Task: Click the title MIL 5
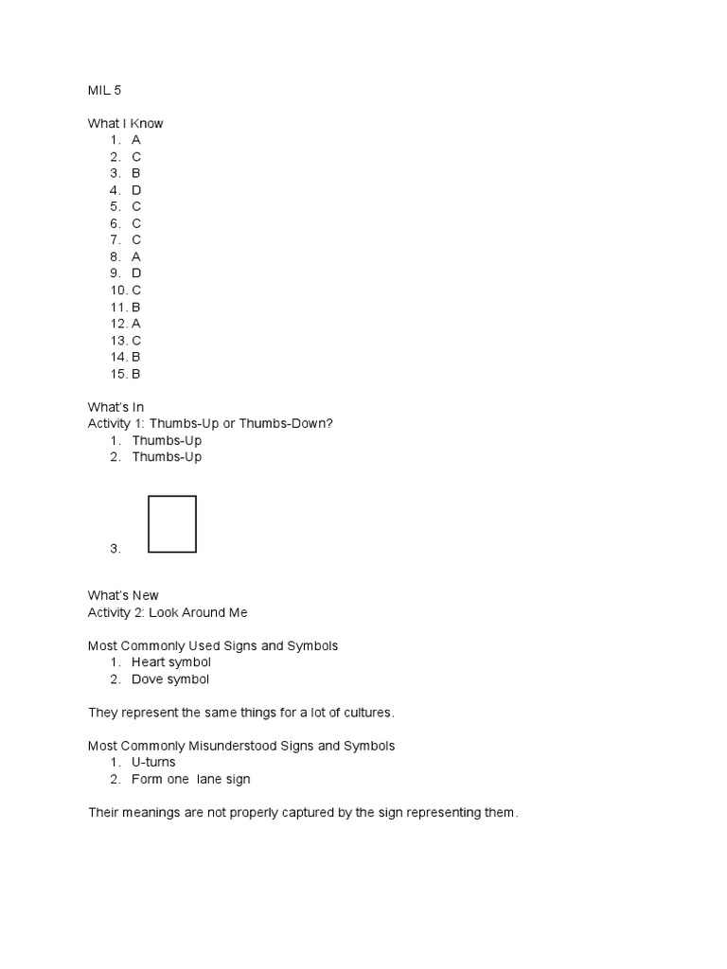pos(104,90)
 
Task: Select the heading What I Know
pos(125,123)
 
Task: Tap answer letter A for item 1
pos(136,140)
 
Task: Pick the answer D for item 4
pos(136,189)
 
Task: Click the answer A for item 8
pos(136,255)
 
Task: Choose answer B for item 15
pos(136,373)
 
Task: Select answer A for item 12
pos(136,323)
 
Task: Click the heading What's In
pos(115,407)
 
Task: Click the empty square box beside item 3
pos(172,523)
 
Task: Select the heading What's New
pos(123,595)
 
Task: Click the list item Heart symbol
pos(171,662)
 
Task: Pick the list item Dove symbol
pos(170,679)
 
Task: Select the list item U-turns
pos(154,762)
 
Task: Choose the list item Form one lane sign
pos(191,779)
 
